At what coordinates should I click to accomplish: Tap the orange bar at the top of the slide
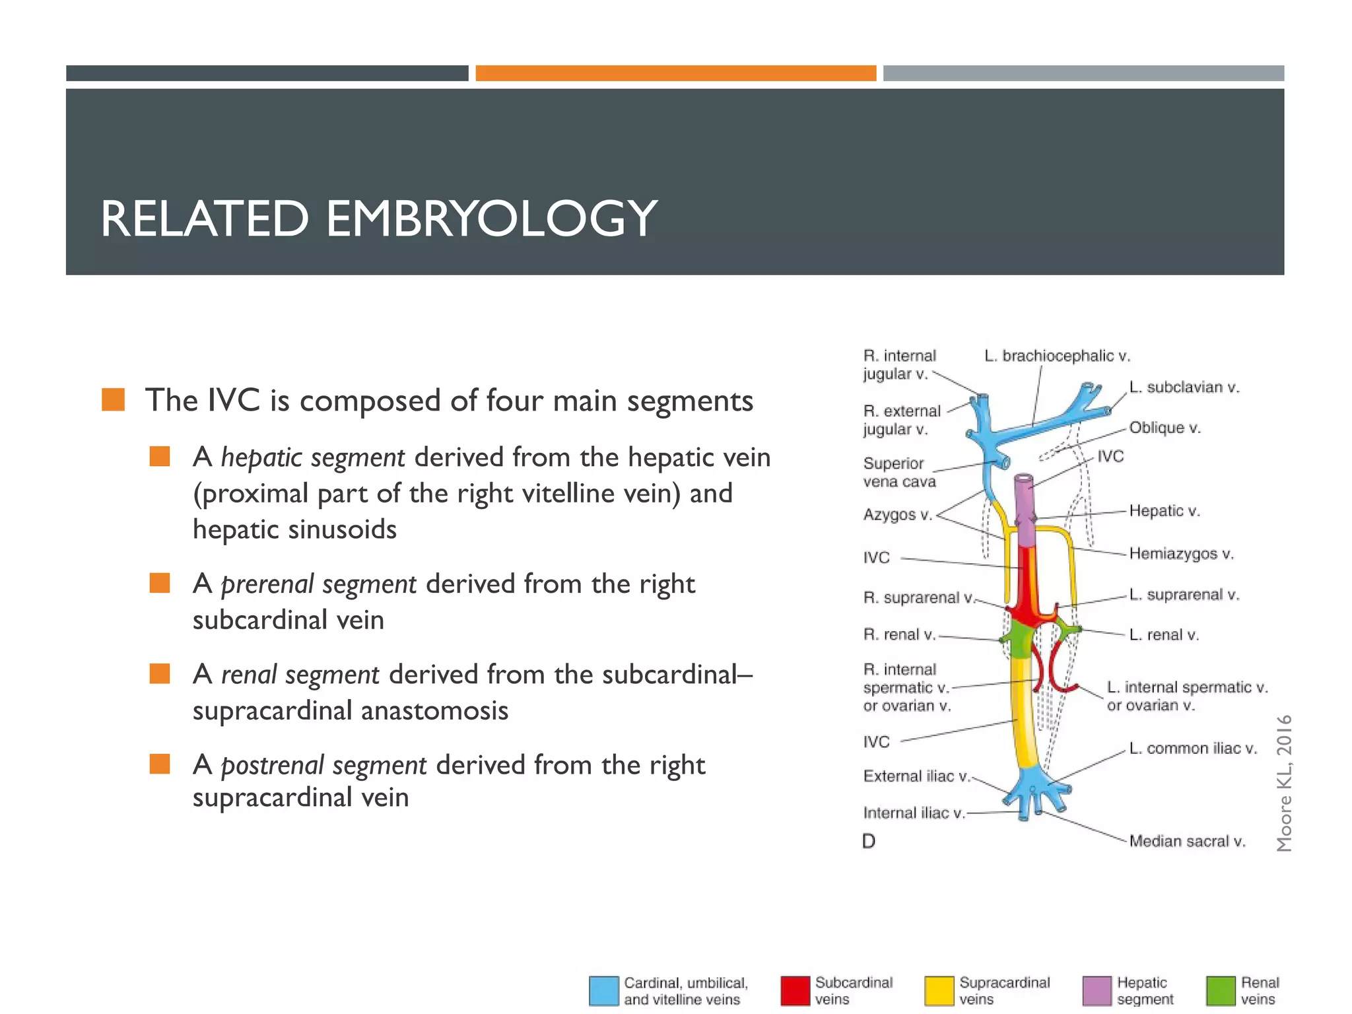pyautogui.click(x=675, y=73)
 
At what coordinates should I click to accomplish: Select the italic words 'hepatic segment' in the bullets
pyautogui.click(x=312, y=457)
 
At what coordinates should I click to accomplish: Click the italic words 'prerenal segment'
pyautogui.click(x=318, y=584)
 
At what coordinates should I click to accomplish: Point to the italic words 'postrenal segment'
pyautogui.click(x=323, y=765)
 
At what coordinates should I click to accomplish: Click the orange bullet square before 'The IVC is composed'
pyautogui.click(x=114, y=400)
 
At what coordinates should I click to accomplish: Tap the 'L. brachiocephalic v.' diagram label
pyautogui.click(x=1057, y=356)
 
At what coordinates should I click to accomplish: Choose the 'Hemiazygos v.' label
pyautogui.click(x=1181, y=553)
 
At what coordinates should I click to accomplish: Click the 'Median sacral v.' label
pyautogui.click(x=1187, y=841)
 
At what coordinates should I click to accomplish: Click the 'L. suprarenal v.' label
pyautogui.click(x=1184, y=595)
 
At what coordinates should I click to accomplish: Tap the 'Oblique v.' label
pyautogui.click(x=1165, y=428)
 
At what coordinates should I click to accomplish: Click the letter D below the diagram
pyautogui.click(x=869, y=841)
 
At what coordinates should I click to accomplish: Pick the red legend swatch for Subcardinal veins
pyautogui.click(x=795, y=991)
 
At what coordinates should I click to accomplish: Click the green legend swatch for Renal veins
pyautogui.click(x=1221, y=991)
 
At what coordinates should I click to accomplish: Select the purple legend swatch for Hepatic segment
pyautogui.click(x=1097, y=991)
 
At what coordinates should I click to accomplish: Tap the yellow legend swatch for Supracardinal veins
pyautogui.click(x=939, y=991)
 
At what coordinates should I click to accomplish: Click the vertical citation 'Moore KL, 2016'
pyautogui.click(x=1283, y=783)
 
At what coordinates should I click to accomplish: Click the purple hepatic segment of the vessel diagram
pyautogui.click(x=1025, y=508)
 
